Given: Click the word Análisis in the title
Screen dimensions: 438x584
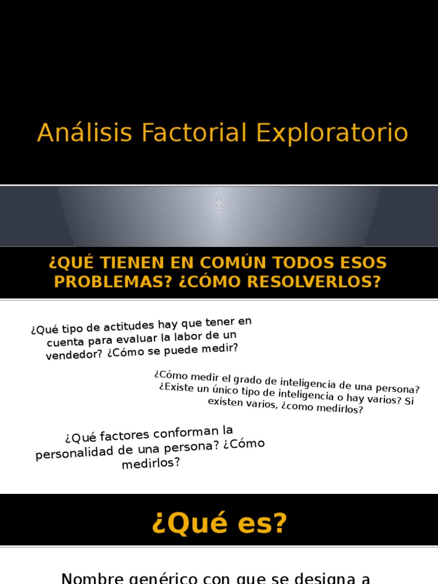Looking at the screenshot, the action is [84, 132].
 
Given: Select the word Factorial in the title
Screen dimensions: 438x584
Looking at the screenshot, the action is [194, 132].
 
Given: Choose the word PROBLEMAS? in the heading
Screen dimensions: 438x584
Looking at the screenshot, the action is [113, 282].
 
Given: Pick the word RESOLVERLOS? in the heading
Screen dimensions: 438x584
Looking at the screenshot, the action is [314, 282].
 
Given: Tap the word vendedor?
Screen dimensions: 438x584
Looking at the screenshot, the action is [74, 355].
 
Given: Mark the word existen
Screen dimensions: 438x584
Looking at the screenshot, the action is [224, 401].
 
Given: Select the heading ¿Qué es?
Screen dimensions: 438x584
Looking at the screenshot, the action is [220, 523].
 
